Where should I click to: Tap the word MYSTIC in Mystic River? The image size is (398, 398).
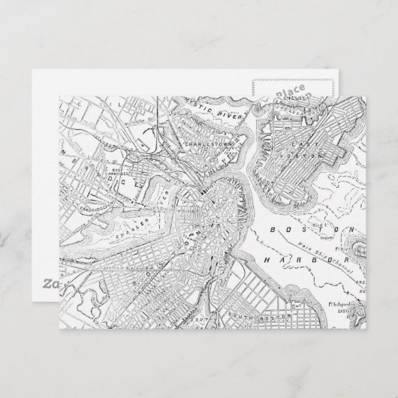tap(182, 108)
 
